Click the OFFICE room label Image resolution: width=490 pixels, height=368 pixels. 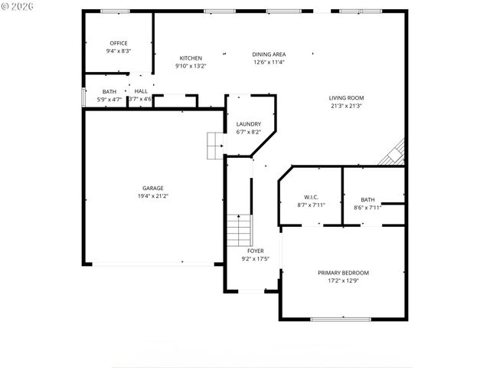coord(119,43)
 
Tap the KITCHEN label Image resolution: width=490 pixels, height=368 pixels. coord(191,58)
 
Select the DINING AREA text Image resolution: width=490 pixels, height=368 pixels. coord(269,54)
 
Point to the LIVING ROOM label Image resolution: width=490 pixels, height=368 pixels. coord(346,98)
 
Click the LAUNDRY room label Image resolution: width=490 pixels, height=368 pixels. coord(249,124)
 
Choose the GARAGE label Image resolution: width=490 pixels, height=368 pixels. coord(152,188)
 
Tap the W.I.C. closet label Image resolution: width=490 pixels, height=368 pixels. coord(310,197)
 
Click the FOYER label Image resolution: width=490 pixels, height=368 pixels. coord(255,251)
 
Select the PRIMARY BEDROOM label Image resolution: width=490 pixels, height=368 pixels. coord(343,273)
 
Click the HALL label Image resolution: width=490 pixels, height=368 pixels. coord(141,91)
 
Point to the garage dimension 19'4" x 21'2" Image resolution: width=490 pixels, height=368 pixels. coord(152,196)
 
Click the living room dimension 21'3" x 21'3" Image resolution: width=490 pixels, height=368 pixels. coord(346,106)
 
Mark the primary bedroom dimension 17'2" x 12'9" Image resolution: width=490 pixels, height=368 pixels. coord(343,281)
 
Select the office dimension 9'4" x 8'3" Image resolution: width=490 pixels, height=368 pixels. coord(119,51)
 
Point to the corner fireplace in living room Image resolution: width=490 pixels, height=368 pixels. coord(394,153)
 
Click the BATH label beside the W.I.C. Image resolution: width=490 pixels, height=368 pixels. coord(368,199)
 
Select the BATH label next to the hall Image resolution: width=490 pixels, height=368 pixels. coord(109,91)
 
